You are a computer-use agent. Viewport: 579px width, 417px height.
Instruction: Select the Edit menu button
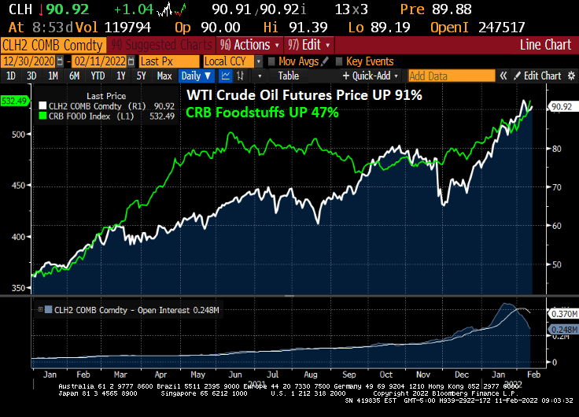tap(308, 45)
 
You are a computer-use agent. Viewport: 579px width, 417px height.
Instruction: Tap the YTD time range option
tap(98, 76)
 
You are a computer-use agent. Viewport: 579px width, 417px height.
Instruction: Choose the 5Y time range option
tap(141, 76)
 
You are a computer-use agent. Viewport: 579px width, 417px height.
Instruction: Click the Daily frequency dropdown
tap(196, 76)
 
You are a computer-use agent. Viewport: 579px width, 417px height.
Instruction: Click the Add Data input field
tap(451, 76)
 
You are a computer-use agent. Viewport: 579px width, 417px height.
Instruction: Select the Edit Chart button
tap(537, 76)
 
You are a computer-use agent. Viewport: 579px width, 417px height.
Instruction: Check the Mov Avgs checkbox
tap(272, 61)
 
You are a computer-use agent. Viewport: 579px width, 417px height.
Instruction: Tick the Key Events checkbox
tap(340, 61)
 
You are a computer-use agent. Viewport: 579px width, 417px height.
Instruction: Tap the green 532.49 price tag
tap(15, 101)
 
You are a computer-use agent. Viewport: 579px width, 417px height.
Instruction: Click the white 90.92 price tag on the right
tap(561, 107)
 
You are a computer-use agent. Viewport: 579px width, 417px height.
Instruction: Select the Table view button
tap(288, 76)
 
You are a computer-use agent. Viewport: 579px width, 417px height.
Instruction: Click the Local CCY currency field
tap(230, 61)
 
